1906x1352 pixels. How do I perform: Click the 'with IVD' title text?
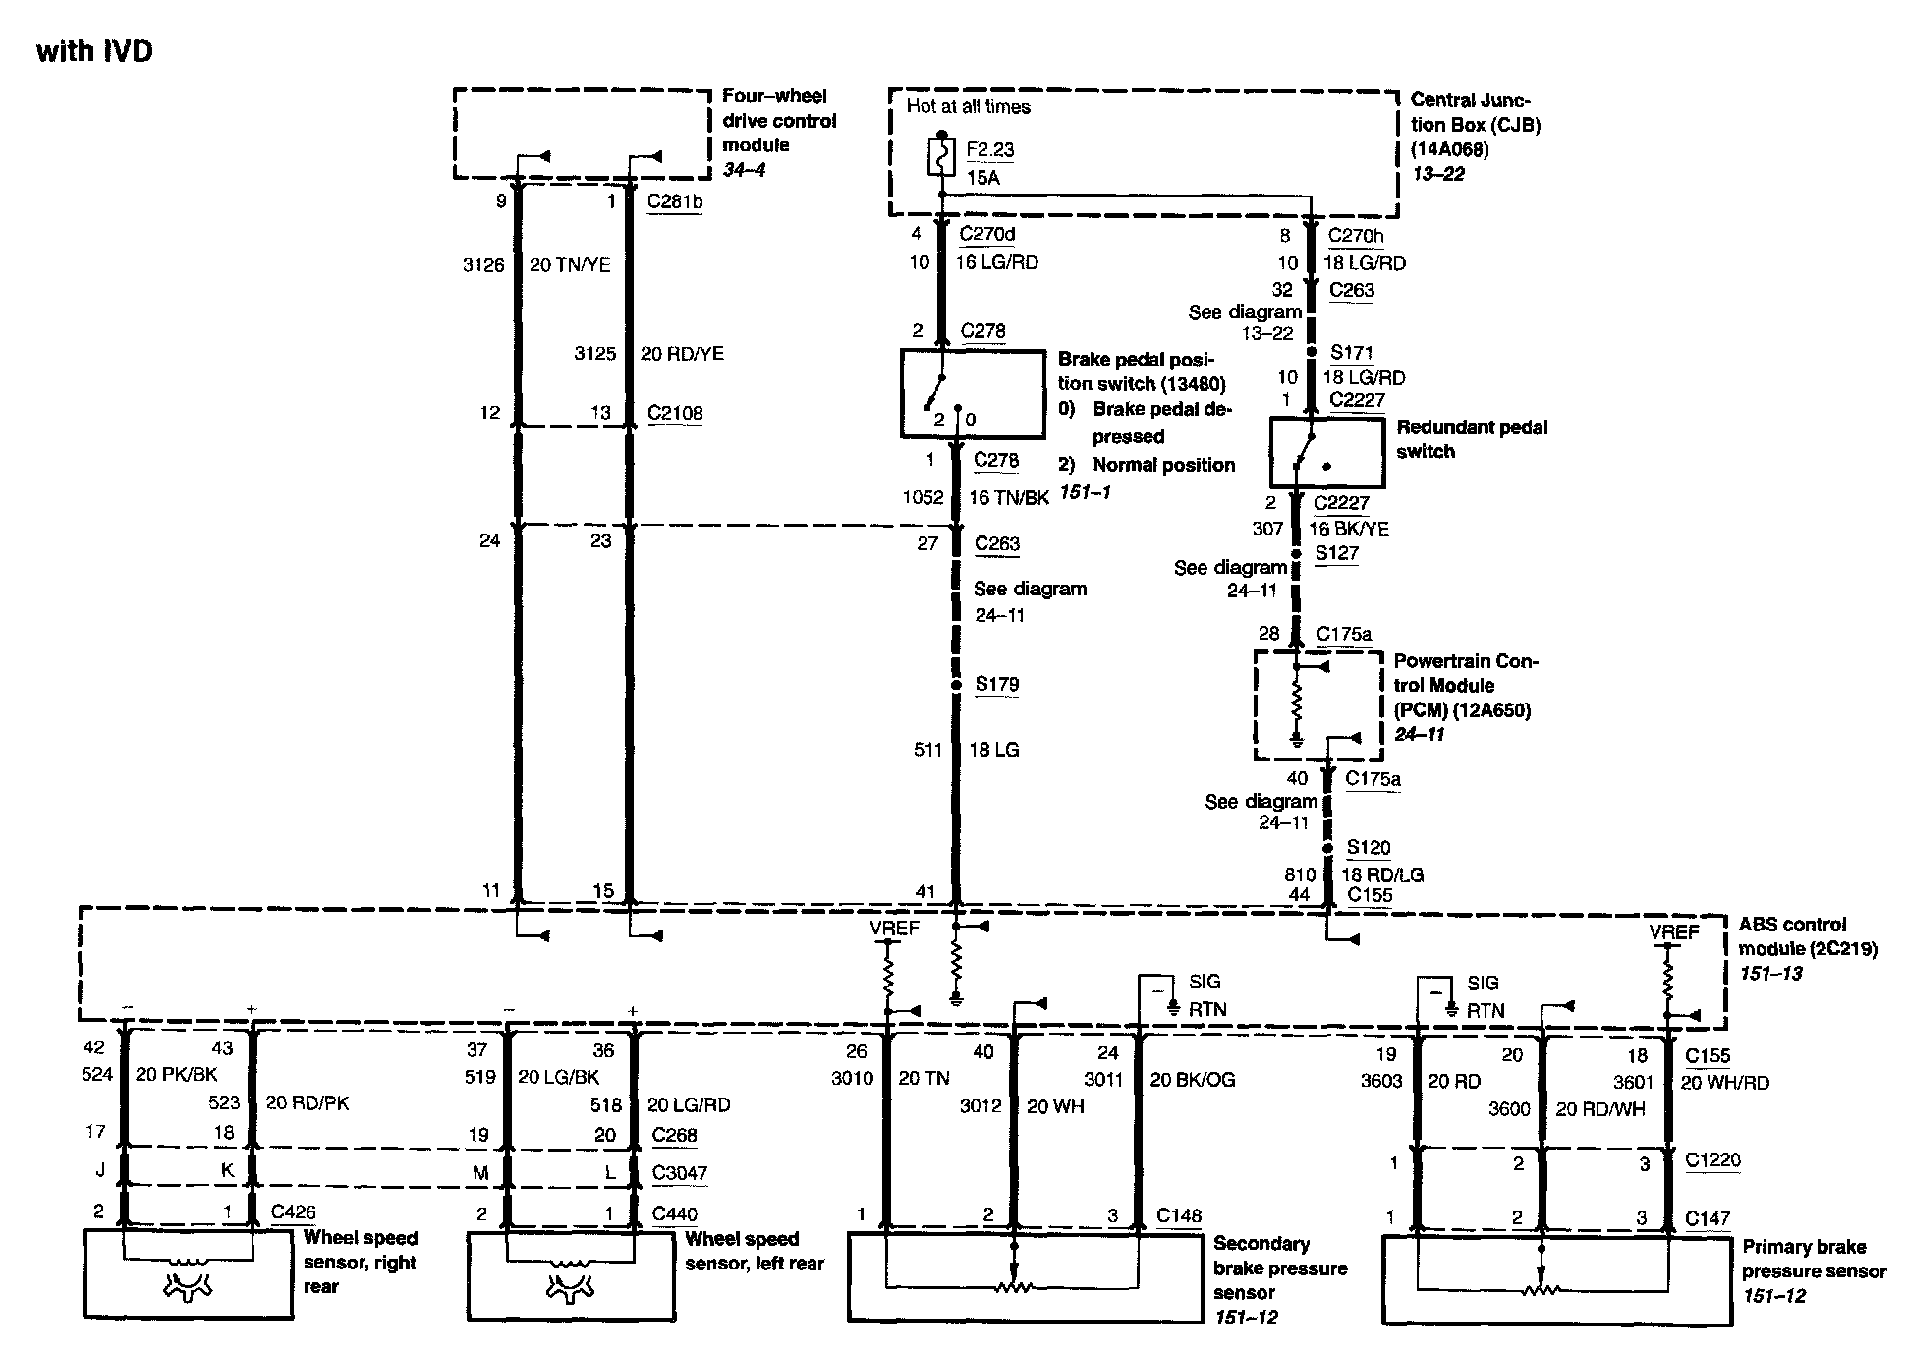[94, 51]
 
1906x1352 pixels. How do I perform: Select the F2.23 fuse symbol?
[941, 157]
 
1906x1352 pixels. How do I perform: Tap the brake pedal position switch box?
[973, 394]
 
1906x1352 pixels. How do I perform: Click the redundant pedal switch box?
[1326, 452]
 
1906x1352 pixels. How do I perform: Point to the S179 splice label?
[996, 684]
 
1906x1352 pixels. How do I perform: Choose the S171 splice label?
[1351, 352]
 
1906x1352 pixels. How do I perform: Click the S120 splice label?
[1368, 847]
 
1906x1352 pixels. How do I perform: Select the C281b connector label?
[674, 201]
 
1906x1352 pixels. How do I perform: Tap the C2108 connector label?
[675, 413]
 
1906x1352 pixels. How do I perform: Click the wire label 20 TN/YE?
[570, 264]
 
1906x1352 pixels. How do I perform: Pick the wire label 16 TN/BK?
[1009, 498]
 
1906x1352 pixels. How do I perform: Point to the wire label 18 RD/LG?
[1382, 874]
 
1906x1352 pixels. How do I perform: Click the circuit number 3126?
[483, 264]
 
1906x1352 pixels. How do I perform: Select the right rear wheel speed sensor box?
[188, 1274]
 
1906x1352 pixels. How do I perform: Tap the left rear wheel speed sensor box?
[571, 1275]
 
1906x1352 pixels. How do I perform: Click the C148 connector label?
[1178, 1215]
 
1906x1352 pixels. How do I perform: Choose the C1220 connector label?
[1711, 1159]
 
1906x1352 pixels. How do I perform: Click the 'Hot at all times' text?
[968, 106]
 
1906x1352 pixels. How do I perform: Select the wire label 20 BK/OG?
[1192, 1080]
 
